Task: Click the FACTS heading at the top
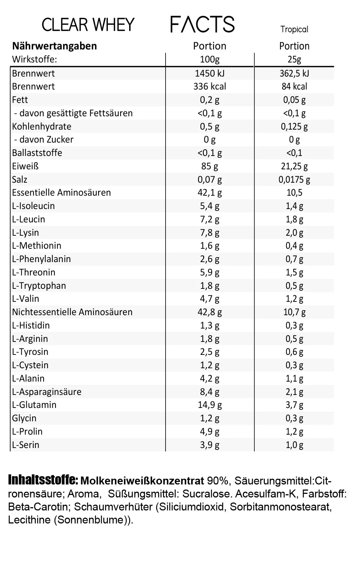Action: (x=202, y=25)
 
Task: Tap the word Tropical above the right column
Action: (x=294, y=30)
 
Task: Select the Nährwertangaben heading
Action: (x=54, y=46)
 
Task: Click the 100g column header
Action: (x=210, y=59)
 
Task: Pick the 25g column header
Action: (x=294, y=59)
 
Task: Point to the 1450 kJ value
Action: (x=210, y=73)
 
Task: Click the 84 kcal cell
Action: (x=294, y=87)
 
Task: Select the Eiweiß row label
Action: (x=25, y=166)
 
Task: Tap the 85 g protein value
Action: (x=210, y=166)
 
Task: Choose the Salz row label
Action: (x=19, y=179)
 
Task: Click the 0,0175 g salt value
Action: (x=294, y=179)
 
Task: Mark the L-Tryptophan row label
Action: (x=39, y=286)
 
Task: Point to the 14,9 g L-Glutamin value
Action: (x=210, y=405)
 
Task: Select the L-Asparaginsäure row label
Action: (x=47, y=392)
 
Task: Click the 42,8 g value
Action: (x=210, y=312)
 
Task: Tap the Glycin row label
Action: (x=24, y=418)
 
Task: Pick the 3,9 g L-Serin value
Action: (x=210, y=445)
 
